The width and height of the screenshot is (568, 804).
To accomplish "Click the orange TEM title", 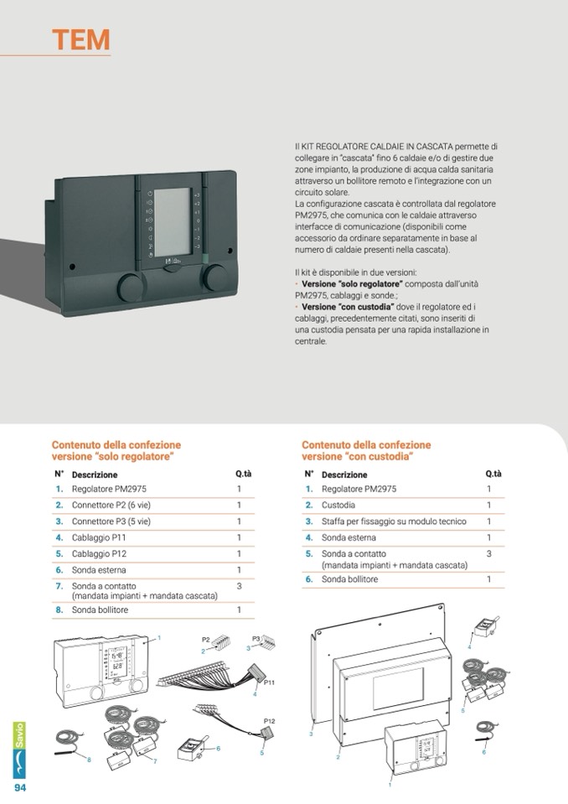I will click(x=80, y=39).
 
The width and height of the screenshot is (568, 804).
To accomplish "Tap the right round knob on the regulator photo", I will click(x=216, y=278).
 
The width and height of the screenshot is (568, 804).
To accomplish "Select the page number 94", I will click(x=18, y=788).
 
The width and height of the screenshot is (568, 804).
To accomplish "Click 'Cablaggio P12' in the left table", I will click(x=99, y=554).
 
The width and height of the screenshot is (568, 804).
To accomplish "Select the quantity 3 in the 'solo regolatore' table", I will click(x=239, y=586).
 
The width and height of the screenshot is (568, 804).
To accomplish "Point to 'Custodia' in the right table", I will click(x=338, y=506).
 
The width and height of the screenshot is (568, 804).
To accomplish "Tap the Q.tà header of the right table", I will click(x=493, y=474).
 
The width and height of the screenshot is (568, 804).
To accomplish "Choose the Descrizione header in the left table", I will click(x=95, y=475).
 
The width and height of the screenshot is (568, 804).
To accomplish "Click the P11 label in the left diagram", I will click(x=270, y=682).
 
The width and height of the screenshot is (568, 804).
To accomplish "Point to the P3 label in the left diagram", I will click(x=257, y=638).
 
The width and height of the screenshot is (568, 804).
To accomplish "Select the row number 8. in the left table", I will click(x=59, y=610).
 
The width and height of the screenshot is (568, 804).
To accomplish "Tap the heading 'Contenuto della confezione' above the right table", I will click(x=366, y=445).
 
